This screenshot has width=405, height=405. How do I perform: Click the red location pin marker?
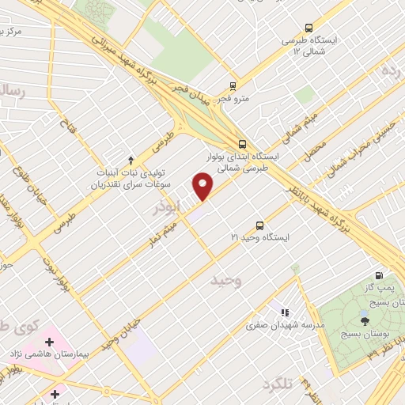(x=203, y=187)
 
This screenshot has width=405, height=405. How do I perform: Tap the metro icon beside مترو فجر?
(x=233, y=86)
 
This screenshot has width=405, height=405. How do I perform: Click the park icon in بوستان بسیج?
(x=364, y=320)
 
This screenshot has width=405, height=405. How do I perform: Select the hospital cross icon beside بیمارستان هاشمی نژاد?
(x=50, y=343)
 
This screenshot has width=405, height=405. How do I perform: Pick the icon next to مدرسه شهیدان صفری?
(x=286, y=312)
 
